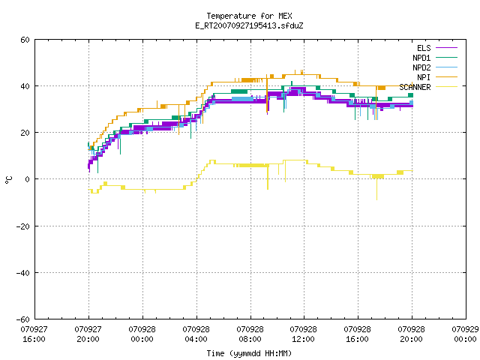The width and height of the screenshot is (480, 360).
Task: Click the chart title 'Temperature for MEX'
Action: (249, 16)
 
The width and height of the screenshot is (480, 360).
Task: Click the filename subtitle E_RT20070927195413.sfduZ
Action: (249, 25)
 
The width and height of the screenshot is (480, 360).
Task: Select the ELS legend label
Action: (424, 48)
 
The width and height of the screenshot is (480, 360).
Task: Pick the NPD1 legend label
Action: (421, 58)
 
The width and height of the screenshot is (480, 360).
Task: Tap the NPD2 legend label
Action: (421, 67)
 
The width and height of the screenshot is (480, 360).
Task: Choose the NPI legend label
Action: (424, 77)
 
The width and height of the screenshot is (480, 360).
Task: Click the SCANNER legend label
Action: (415, 87)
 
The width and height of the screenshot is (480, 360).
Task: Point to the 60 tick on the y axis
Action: (25, 40)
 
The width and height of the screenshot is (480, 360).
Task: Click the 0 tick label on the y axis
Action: (28, 179)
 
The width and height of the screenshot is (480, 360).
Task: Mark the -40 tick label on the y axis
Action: (23, 273)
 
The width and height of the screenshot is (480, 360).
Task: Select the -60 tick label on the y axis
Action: (23, 319)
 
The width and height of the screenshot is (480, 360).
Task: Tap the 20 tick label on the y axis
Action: (25, 133)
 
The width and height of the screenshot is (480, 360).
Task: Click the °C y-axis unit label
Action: (9, 180)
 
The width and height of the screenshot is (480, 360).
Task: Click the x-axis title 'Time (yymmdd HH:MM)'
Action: (249, 353)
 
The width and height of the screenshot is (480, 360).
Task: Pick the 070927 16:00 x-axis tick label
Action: (34, 334)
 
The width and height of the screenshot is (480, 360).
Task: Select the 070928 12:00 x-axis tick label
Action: (303, 334)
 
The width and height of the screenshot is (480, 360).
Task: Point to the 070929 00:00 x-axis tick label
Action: (465, 334)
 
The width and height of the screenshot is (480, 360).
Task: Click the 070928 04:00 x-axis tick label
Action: (196, 334)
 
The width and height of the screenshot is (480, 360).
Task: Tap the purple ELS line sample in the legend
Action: (446, 48)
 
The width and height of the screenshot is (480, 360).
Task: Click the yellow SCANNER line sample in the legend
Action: (446, 87)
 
